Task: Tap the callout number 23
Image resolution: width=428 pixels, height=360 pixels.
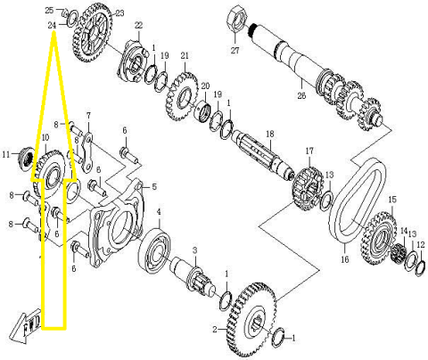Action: click(119, 13)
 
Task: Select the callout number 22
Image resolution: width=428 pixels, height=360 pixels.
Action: click(138, 24)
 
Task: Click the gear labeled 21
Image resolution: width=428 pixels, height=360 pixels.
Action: click(184, 95)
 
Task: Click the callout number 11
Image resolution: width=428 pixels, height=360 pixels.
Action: click(6, 155)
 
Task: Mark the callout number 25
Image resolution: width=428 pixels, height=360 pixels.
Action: click(49, 10)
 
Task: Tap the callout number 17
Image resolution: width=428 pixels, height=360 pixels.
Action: click(309, 151)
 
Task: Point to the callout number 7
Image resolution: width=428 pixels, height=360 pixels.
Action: click(89, 116)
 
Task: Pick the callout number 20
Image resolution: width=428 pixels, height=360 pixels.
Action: click(204, 86)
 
